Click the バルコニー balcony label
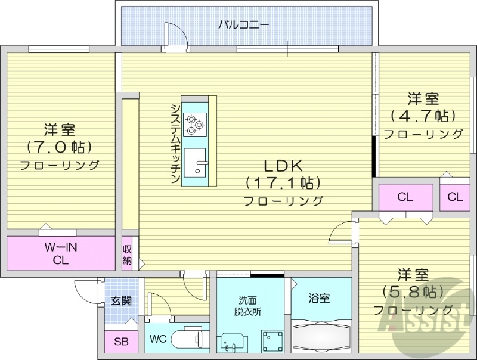[244, 24]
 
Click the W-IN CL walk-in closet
[61, 253]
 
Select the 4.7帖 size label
[423, 115]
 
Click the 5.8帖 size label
[413, 292]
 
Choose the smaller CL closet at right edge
[455, 197]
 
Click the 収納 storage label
[128, 255]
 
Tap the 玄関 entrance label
[122, 300]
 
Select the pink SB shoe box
[121, 342]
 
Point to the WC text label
[157, 340]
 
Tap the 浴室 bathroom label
[320, 298]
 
